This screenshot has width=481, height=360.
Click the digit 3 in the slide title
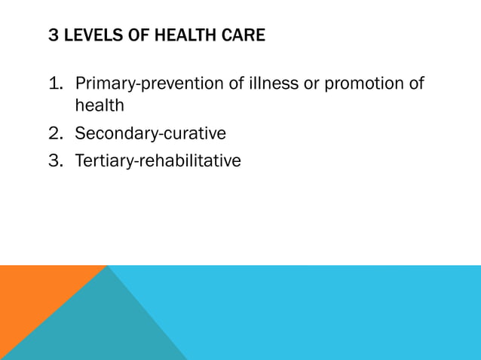point(53,35)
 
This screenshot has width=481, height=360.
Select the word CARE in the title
point(244,35)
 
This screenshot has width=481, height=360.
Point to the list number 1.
point(55,83)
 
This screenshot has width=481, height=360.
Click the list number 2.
point(55,133)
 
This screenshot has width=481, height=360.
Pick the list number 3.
point(55,160)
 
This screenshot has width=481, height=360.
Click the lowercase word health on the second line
point(99,106)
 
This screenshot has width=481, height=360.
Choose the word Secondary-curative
point(150,133)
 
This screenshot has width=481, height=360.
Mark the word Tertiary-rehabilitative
point(158,160)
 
